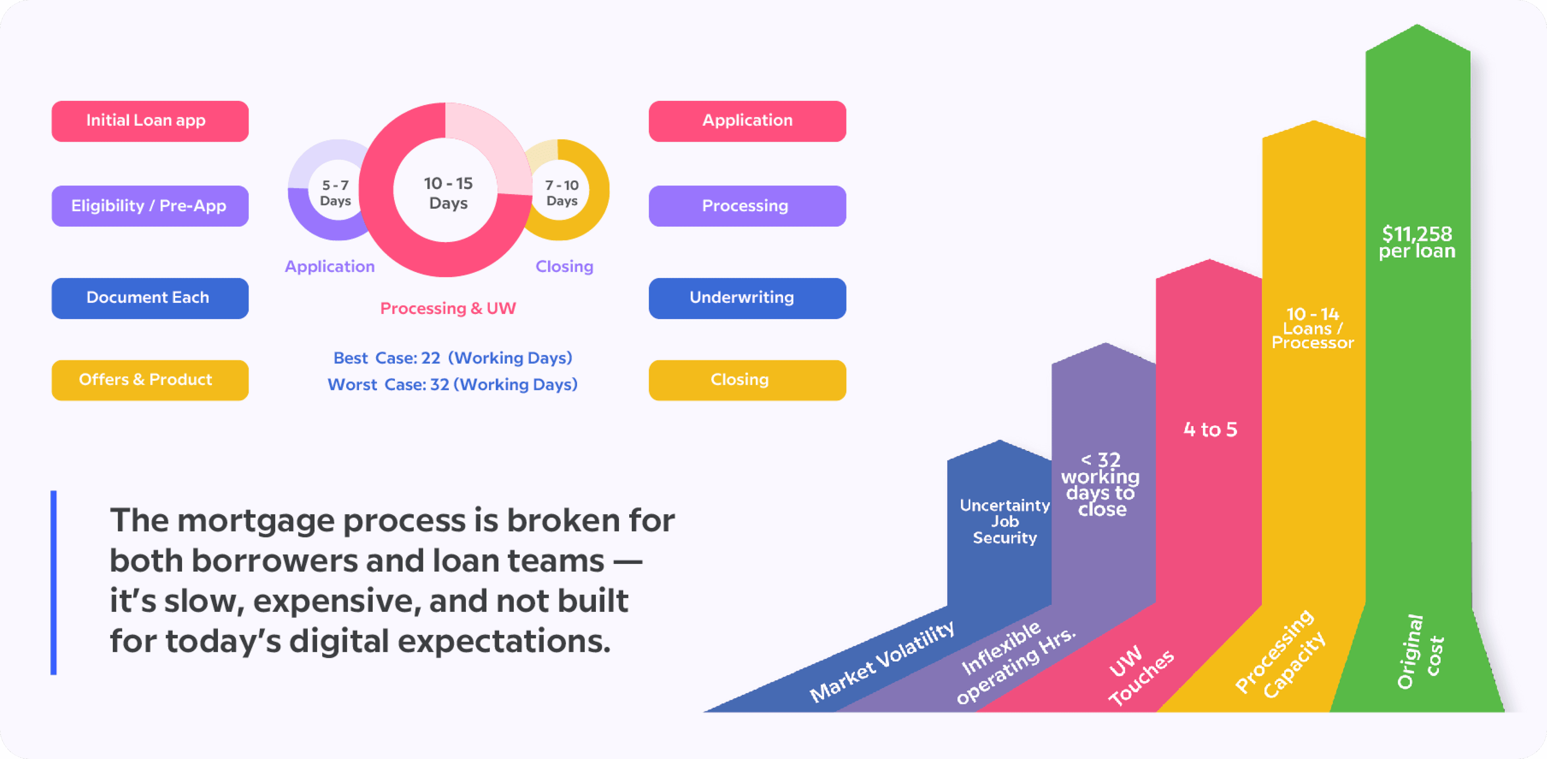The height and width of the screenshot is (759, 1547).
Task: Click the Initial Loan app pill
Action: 149,121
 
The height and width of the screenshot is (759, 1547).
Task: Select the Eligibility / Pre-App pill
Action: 149,206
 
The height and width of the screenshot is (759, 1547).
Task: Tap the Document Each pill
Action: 149,298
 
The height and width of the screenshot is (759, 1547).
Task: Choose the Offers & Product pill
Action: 149,380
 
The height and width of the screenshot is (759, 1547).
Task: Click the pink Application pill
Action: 747,121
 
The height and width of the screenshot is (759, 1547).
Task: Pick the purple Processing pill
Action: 747,206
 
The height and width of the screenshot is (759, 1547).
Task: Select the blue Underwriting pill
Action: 747,298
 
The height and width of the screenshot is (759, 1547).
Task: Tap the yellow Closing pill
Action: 747,380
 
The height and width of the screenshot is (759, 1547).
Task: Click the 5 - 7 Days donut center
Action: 335,193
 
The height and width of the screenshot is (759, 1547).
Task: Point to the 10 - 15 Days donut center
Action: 448,193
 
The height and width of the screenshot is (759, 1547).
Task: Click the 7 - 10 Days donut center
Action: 562,193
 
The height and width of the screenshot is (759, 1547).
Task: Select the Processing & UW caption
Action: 448,308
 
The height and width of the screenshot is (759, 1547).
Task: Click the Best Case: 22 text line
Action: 452,358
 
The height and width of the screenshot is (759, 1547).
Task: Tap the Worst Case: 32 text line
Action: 452,385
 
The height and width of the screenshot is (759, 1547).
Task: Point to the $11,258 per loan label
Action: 1417,242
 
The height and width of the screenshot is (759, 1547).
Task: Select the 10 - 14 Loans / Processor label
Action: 1313,328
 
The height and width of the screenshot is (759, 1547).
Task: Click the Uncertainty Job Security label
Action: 1004,521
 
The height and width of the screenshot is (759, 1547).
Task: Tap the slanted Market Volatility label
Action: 881,661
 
